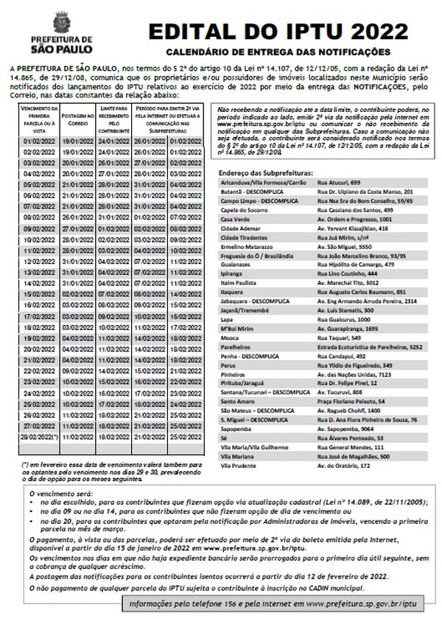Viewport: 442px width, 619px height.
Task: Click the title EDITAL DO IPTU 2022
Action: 278,32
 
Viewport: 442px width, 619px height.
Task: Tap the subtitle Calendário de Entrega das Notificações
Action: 277,52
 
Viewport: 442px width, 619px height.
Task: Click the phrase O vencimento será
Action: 56,492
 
